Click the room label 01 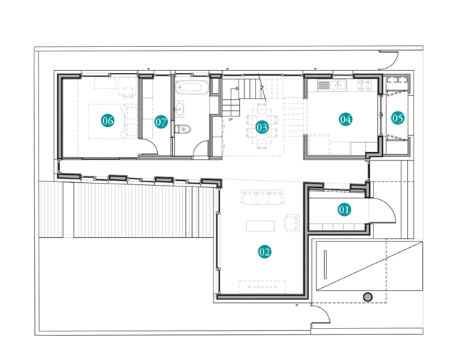(344, 209)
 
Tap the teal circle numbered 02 (265, 252)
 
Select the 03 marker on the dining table (262, 127)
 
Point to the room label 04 (346, 119)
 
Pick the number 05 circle (398, 118)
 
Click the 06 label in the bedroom (108, 121)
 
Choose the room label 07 (161, 122)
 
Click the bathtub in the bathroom (192, 87)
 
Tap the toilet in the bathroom (183, 129)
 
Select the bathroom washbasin (179, 109)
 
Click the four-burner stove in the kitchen (365, 86)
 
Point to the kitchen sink (338, 86)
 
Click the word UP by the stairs (231, 119)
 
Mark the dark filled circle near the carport (368, 297)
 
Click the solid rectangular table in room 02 (260, 226)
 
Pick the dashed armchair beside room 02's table (292, 223)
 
